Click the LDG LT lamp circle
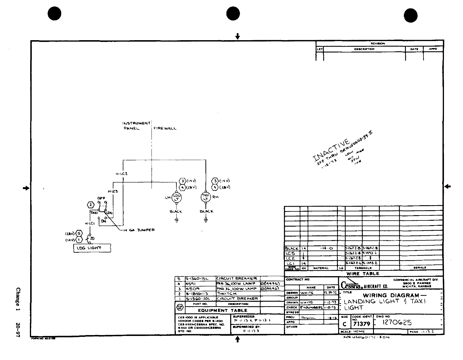[x=177, y=197]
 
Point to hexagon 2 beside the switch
[x=91, y=204]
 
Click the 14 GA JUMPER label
[x=137, y=230]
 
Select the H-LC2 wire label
[x=122, y=174]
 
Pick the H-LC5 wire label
[x=113, y=191]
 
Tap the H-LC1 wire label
[x=89, y=223]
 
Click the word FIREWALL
[x=165, y=128]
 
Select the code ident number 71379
[x=362, y=324]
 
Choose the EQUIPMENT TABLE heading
[x=223, y=310]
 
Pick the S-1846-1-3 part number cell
[x=197, y=293]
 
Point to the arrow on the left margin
[x=26, y=188]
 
